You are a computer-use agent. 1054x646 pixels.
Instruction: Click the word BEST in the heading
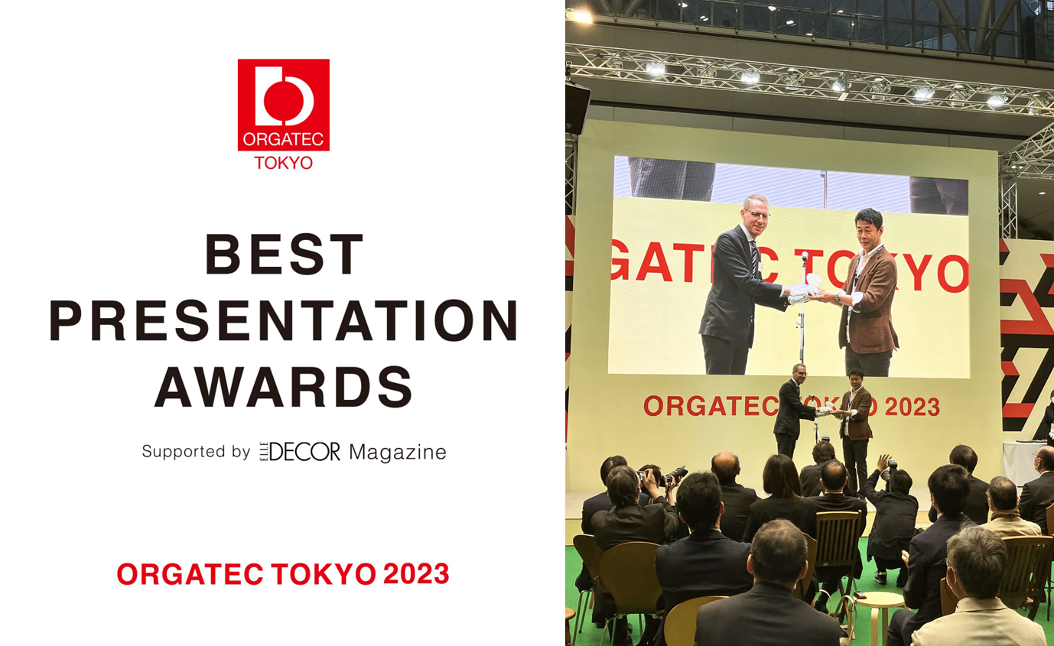(284, 255)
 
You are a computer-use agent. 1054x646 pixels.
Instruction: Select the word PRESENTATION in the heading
(284, 320)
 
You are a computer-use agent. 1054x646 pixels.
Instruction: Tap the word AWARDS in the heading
(284, 386)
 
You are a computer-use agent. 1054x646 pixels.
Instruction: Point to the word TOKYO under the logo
(283, 163)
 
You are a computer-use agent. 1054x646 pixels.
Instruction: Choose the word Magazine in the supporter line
(397, 453)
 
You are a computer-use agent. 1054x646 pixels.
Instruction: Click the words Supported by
(196, 452)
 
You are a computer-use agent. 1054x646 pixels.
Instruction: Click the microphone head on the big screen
(804, 257)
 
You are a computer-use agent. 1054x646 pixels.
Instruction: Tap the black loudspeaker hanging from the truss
(577, 108)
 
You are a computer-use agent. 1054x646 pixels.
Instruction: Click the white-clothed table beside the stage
(1023, 463)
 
